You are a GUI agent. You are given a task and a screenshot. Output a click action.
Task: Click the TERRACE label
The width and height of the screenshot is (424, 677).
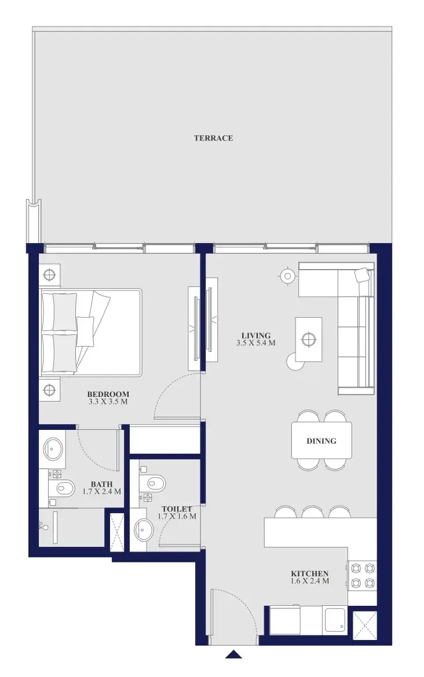[213, 138]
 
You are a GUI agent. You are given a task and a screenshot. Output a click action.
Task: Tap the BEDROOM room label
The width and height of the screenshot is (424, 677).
[108, 394]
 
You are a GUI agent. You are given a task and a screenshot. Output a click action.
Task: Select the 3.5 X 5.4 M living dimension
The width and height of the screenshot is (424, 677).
[256, 343]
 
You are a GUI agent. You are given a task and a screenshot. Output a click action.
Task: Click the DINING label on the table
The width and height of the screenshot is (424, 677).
[321, 441]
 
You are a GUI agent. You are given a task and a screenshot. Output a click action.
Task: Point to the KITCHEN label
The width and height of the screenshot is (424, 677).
[310, 573]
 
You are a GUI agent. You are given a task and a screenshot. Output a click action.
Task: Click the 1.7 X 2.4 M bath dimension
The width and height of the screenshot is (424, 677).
[102, 492]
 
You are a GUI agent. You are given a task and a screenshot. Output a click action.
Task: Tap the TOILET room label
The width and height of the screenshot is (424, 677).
[177, 509]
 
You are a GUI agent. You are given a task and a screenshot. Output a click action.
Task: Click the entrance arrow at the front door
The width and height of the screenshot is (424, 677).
[233, 654]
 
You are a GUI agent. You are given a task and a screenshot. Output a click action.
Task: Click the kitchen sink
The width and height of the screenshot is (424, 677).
[335, 620]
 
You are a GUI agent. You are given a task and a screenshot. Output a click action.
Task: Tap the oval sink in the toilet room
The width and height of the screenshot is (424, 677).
[144, 530]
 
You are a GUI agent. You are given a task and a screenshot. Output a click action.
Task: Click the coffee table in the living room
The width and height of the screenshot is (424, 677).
[309, 339]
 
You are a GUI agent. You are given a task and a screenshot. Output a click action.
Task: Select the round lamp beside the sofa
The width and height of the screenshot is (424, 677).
[287, 276]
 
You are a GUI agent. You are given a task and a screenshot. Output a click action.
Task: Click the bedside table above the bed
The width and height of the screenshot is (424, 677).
[49, 275]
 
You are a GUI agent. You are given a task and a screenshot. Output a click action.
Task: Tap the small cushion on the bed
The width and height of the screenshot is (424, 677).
[85, 332]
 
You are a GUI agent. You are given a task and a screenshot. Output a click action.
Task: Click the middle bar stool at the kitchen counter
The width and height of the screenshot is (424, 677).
[312, 512]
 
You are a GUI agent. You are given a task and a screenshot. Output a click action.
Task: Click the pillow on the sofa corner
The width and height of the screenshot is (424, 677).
[363, 276]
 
